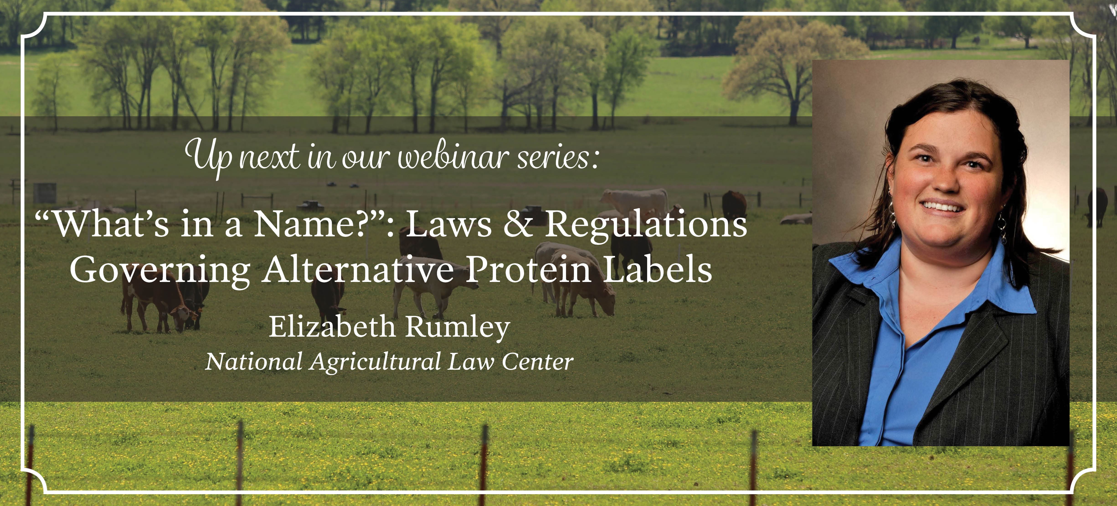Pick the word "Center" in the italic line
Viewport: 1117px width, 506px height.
538,362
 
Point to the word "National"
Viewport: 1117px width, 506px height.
254,362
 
